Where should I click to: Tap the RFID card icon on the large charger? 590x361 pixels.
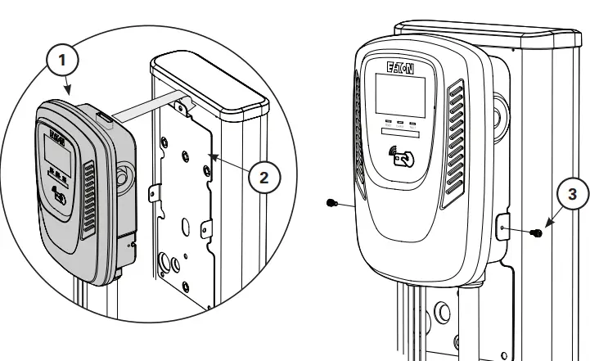point(401,156)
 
